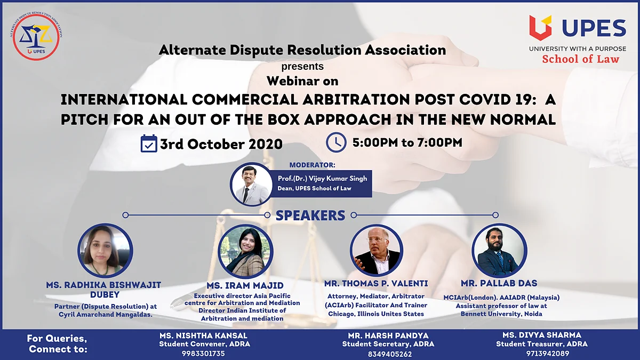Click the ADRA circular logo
[x=36, y=36]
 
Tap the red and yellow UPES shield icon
[x=540, y=28]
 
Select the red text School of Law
[x=581, y=59]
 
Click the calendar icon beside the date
[x=149, y=143]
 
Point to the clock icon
[x=337, y=142]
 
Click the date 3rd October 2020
[x=221, y=144]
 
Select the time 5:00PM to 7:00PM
[x=407, y=142]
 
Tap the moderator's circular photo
[x=251, y=185]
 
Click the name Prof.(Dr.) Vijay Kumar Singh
[x=322, y=179]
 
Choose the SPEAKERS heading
[x=310, y=215]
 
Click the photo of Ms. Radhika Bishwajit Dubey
[x=105, y=251]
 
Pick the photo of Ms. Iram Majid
[x=246, y=251]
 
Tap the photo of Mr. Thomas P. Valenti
[x=377, y=250]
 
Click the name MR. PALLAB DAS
[x=499, y=283]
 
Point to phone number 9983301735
[x=203, y=354]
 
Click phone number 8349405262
[x=390, y=354]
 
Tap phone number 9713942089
[x=548, y=354]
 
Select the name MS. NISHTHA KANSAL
[x=203, y=335]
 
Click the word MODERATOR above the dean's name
[x=311, y=165]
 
